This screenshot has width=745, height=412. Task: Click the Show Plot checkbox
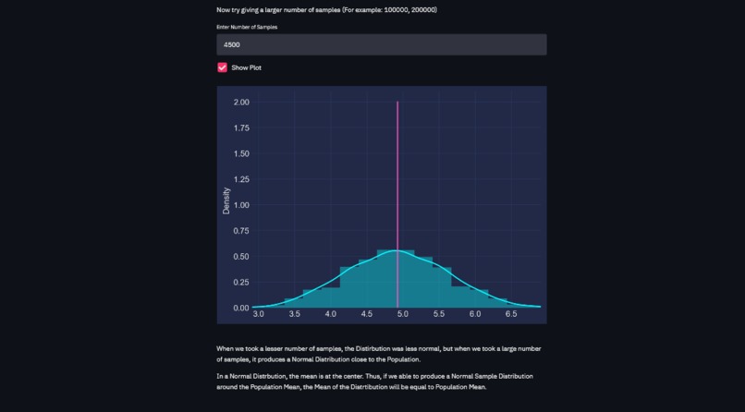(222, 67)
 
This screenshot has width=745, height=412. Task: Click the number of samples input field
(381, 44)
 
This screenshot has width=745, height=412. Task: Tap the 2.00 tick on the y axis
(241, 103)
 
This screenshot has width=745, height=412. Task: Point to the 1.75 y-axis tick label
(241, 128)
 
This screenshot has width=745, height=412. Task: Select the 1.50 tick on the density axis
(241, 153)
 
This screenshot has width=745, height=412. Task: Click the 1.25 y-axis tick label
(241, 179)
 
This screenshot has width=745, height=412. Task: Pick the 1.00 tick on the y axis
(241, 205)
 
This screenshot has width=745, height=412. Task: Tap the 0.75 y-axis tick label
(241, 231)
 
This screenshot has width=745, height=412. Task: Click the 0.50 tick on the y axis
(241, 257)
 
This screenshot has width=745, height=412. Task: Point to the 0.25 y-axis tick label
(241, 283)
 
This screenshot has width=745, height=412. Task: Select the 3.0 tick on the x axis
(259, 315)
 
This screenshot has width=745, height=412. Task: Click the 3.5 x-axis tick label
(295, 315)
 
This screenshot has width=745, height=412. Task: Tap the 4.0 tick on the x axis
(331, 315)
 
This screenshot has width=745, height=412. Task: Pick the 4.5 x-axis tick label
(367, 315)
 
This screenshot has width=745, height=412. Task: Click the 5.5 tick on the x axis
(439, 315)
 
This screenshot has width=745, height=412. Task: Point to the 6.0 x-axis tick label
(475, 315)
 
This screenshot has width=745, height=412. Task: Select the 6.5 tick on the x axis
(511, 315)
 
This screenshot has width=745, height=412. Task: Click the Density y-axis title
(226, 201)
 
